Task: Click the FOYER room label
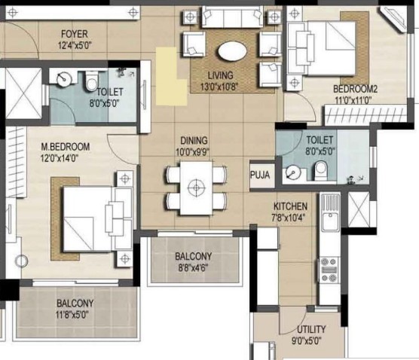[75, 34]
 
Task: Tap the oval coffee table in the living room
[232, 51]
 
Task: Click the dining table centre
[197, 188]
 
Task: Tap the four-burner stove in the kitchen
[329, 270]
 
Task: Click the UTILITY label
[311, 329]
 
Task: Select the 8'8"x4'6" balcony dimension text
[193, 268]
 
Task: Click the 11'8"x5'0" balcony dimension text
[72, 315]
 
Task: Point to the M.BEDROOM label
[66, 147]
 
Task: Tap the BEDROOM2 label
[355, 89]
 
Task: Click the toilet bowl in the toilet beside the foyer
[91, 81]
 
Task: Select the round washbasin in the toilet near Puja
[293, 172]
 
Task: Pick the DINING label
[194, 141]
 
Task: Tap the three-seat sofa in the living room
[232, 17]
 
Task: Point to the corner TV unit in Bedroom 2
[393, 19]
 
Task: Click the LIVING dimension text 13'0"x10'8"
[219, 87]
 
